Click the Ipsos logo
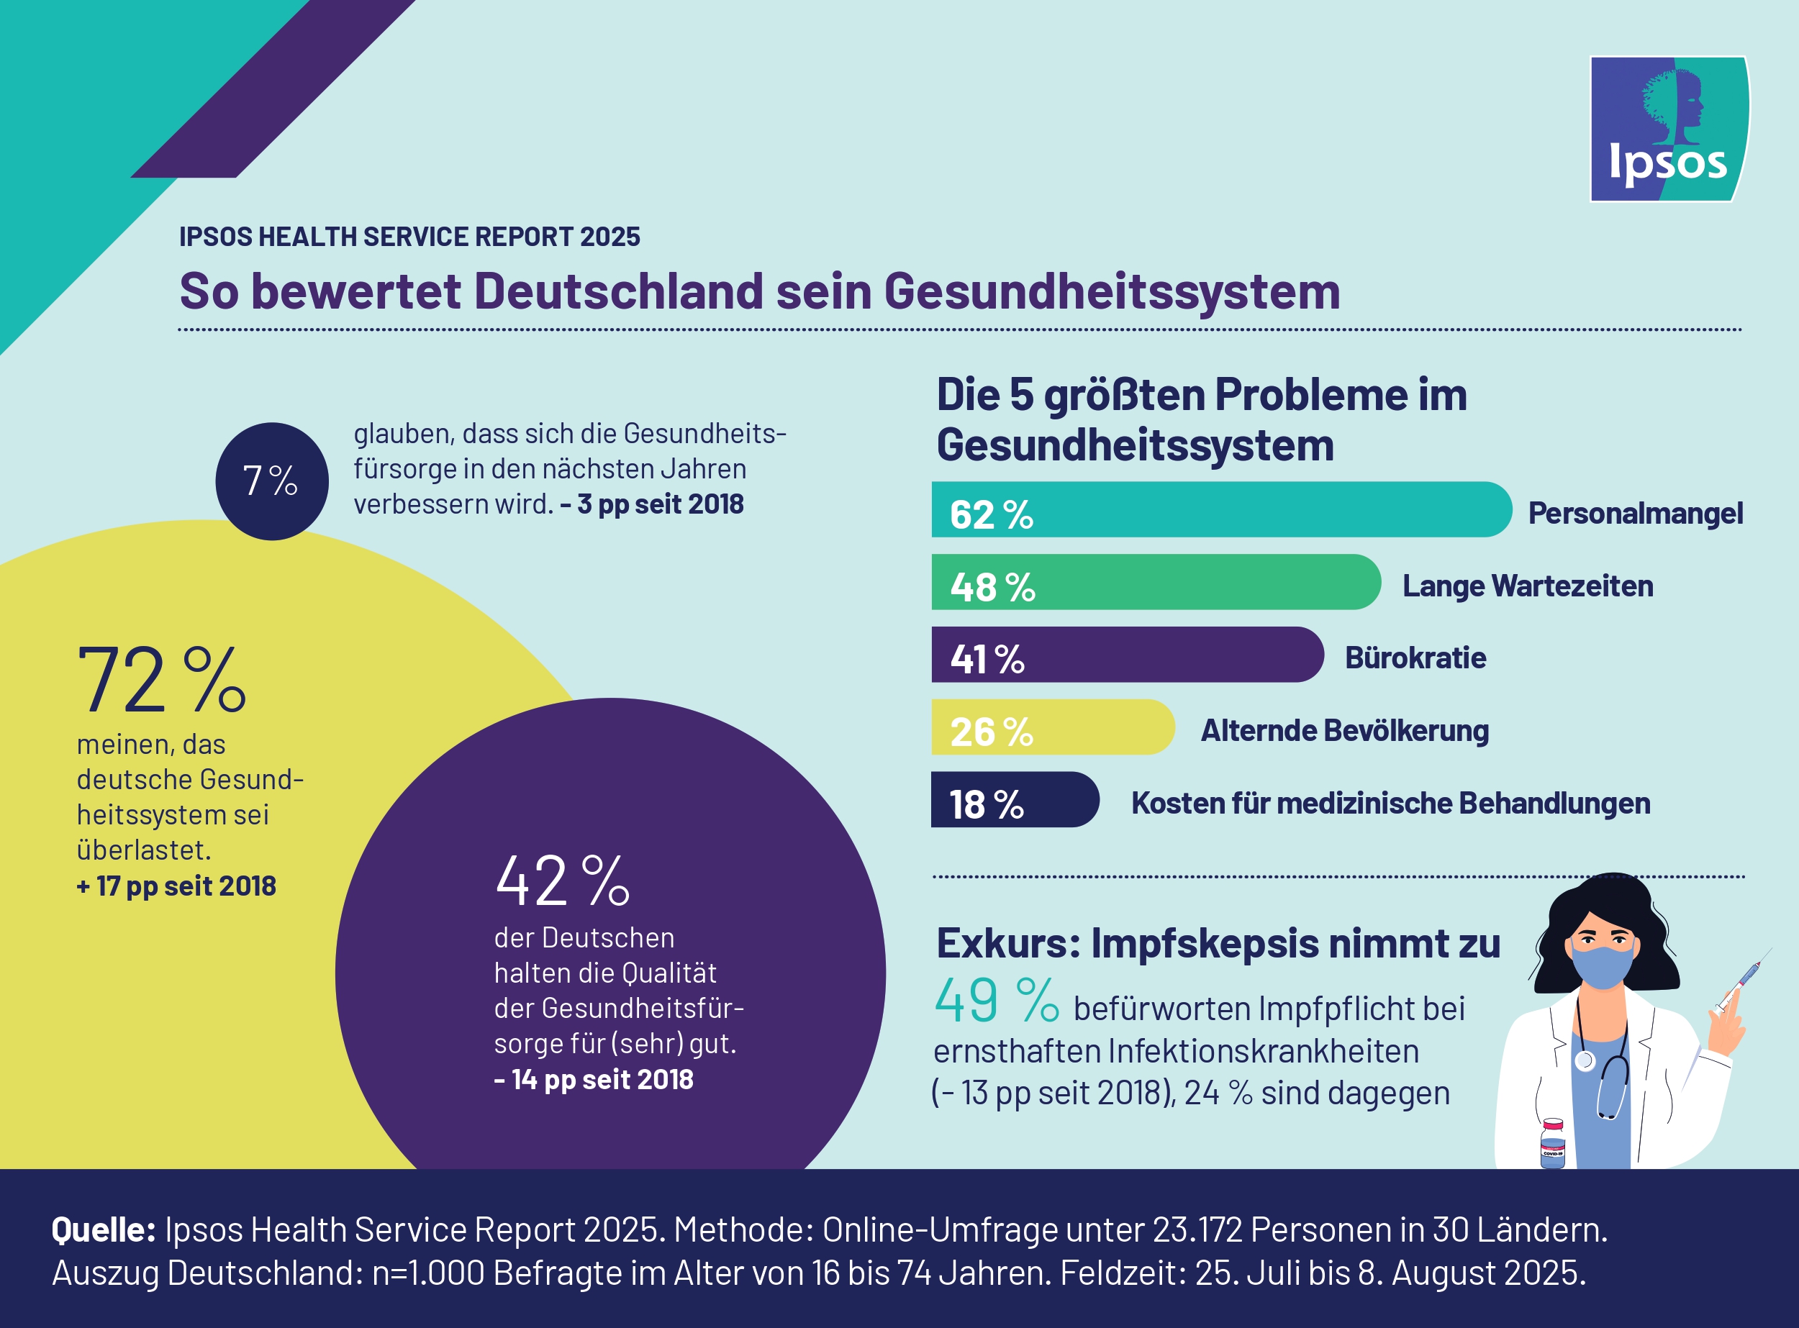tap(1669, 129)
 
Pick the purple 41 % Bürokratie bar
tap(1126, 655)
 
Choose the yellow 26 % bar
tap(1052, 727)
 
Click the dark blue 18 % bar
tap(1013, 800)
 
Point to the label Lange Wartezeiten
tap(1527, 586)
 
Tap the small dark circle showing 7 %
tap(272, 481)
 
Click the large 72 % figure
tap(161, 680)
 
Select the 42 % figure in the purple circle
tap(561, 881)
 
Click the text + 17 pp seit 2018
tap(176, 886)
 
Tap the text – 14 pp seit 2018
tap(594, 1079)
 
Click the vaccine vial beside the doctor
tap(1552, 1143)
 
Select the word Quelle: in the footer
tap(104, 1230)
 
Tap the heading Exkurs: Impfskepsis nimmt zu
tap(1218, 943)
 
